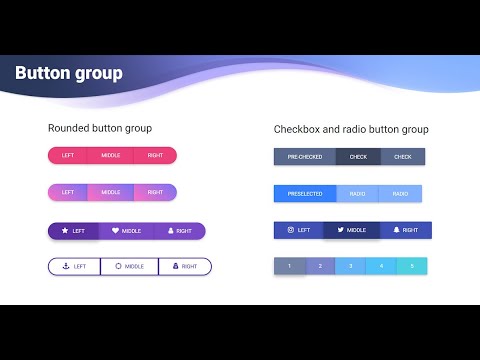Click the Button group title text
coord(69,74)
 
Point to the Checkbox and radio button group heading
coord(351,129)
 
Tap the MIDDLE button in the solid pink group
coord(111,155)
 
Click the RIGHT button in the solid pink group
coord(155,155)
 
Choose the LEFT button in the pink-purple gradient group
coord(68,192)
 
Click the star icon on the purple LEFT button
coord(65,231)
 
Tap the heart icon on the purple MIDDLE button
coord(115,231)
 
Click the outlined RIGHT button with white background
coord(185,267)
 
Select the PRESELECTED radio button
coord(305,193)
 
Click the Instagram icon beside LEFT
coord(291,230)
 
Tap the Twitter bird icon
coord(341,230)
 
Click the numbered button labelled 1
coord(290,266)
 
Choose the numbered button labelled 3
coord(350,266)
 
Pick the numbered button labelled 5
coord(411,266)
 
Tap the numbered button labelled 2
coord(320,266)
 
